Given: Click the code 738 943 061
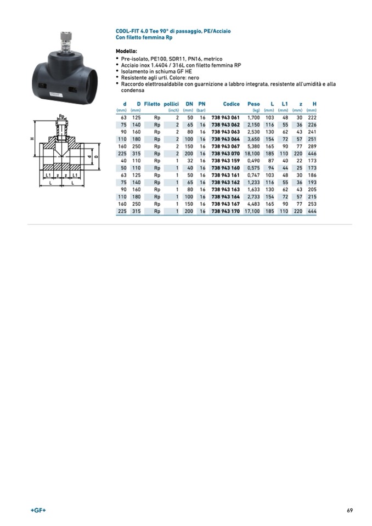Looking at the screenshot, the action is (x=226, y=118).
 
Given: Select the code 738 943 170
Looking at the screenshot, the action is (x=226, y=211).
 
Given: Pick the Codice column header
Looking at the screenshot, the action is (x=232, y=104).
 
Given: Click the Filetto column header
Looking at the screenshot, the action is (x=152, y=104).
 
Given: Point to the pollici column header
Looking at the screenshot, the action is (x=171, y=104).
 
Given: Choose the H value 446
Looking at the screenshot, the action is (x=312, y=154).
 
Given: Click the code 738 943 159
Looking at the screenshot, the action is (x=226, y=161).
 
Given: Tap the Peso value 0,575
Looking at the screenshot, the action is (x=253, y=168).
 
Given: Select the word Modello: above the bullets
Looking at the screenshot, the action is (x=126, y=52).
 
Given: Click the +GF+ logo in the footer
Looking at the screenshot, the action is (x=38, y=511).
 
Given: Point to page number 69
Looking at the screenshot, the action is (x=350, y=511).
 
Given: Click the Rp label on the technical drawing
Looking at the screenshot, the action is (x=61, y=116).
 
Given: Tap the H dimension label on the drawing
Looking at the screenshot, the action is (x=32, y=139).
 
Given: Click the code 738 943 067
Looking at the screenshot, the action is (x=226, y=146).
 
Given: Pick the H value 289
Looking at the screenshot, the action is (x=312, y=146).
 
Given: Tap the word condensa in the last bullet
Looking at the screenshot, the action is (x=132, y=91).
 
